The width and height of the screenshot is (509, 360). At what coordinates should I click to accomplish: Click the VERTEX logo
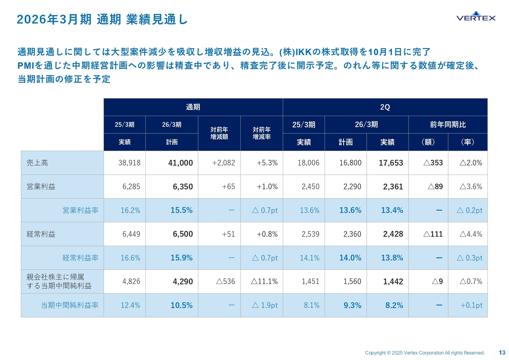click(x=476, y=17)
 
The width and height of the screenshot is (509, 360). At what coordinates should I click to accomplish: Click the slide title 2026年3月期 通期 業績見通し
click(x=102, y=19)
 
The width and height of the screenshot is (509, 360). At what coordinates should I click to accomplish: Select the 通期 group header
click(x=193, y=107)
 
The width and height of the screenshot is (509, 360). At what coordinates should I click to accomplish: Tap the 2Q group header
click(x=385, y=107)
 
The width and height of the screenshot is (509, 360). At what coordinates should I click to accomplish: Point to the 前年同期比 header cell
click(x=448, y=125)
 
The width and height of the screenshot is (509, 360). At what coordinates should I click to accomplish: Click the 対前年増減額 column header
click(x=219, y=133)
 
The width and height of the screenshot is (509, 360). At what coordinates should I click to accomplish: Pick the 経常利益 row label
click(x=39, y=234)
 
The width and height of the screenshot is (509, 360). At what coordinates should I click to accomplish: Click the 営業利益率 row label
click(x=80, y=210)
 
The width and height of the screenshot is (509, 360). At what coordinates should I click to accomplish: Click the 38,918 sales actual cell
click(x=130, y=163)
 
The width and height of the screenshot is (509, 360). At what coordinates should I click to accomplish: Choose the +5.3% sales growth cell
click(x=267, y=163)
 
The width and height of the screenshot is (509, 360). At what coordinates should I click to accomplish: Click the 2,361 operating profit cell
click(x=393, y=187)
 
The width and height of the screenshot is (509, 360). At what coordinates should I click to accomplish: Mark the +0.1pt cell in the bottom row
click(x=471, y=306)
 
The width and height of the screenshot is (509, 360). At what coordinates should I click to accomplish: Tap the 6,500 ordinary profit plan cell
click(x=183, y=234)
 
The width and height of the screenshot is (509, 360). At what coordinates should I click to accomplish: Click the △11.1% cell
click(x=264, y=282)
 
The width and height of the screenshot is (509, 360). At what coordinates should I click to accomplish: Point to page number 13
click(x=502, y=352)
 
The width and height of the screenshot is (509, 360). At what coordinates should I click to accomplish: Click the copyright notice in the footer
click(x=425, y=353)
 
